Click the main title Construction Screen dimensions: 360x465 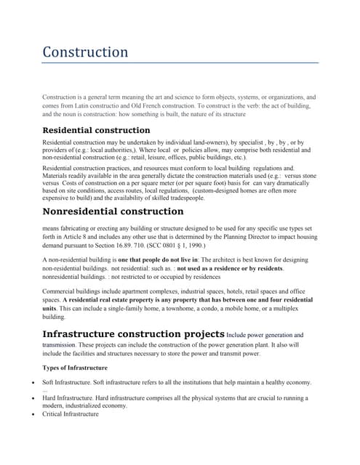pyautogui.click(x=85, y=52)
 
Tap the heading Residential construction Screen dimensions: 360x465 pyautogui.click(x=96, y=130)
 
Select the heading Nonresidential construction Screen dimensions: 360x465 pyautogui.click(x=113, y=211)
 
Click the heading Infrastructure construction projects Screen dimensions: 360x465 pyautogui.click(x=134, y=333)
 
